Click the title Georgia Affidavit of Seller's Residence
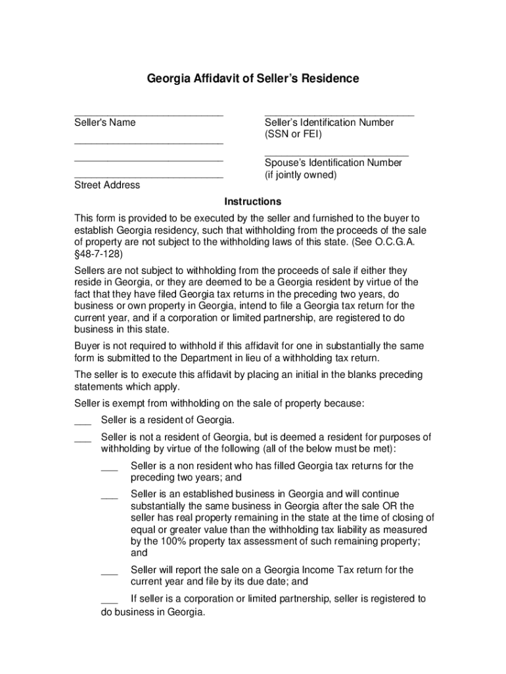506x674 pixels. click(253, 79)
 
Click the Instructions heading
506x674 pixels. click(253, 201)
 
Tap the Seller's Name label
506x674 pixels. click(104, 122)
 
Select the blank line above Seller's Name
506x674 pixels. click(149, 115)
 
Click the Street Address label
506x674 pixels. click(106, 185)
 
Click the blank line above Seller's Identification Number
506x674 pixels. click(339, 115)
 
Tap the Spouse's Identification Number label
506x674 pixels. click(333, 163)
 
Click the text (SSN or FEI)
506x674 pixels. click(293, 135)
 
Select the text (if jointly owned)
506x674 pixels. click(300, 175)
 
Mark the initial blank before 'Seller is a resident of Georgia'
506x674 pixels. click(82, 423)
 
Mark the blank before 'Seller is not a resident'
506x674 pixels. click(82, 440)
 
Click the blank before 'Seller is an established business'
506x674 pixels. click(109, 498)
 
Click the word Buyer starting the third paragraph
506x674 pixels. click(87, 346)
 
